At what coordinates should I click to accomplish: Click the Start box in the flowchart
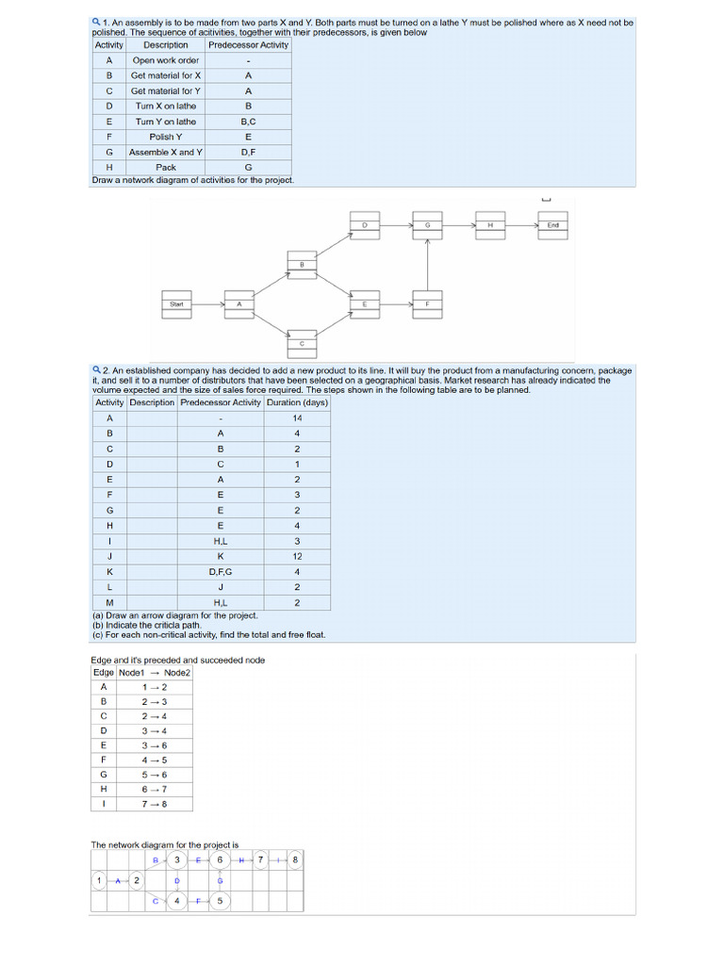click(176, 304)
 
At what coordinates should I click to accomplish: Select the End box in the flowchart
click(553, 226)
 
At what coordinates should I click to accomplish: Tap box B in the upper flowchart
click(302, 265)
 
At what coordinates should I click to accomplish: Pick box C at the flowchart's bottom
click(302, 344)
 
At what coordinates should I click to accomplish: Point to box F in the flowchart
click(427, 304)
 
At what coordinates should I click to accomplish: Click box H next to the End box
click(490, 226)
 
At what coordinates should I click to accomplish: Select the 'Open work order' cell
click(166, 60)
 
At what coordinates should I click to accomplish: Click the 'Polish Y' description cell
click(166, 137)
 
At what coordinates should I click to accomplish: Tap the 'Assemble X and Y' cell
click(166, 152)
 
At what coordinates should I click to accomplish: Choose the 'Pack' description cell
click(166, 168)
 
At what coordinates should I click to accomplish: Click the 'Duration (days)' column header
click(297, 402)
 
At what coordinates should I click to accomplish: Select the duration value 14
click(297, 418)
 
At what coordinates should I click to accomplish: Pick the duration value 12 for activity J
click(297, 556)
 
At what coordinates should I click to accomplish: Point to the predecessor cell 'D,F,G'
click(221, 571)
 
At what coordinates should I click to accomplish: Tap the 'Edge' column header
click(104, 673)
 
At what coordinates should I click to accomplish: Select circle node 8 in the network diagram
click(295, 859)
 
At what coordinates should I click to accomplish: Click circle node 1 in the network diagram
click(99, 880)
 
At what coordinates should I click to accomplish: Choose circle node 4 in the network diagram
click(176, 901)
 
